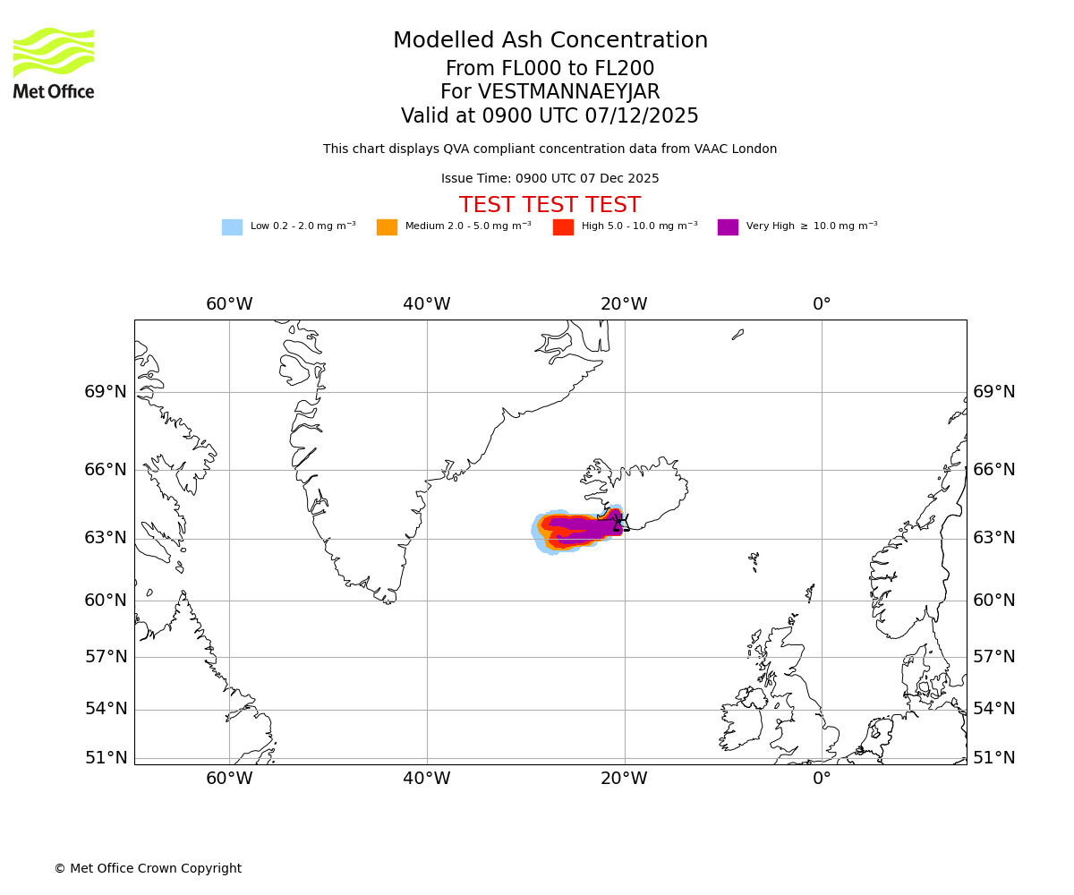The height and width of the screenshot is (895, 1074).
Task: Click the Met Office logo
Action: pos(54,63)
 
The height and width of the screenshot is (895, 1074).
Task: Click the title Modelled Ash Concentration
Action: pos(550,41)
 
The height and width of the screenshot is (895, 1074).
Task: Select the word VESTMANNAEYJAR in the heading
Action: pos(568,92)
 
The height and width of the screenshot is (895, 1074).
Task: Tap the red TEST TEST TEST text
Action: pos(550,205)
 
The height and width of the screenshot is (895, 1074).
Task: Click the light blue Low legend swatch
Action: pos(232,227)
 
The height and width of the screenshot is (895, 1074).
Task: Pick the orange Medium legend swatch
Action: pos(387,227)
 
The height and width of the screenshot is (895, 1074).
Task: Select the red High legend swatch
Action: pos(563,227)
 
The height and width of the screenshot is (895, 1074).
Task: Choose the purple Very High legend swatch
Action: pos(728,227)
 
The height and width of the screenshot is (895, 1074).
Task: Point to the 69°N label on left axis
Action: pos(106,392)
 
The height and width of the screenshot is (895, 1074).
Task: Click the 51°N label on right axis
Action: pos(993,758)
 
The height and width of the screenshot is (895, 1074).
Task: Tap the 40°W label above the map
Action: pos(426,304)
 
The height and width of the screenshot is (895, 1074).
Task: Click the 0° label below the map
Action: pos(822,779)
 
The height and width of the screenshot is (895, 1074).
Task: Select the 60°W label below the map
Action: pos(229,779)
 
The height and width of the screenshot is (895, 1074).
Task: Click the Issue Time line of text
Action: pos(550,179)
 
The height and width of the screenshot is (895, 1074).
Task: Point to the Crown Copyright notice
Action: pos(148,869)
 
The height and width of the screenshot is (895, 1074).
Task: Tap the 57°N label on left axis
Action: pos(106,657)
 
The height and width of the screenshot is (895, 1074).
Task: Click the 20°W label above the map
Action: pos(624,304)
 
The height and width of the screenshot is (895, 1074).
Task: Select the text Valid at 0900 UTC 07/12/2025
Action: pos(550,116)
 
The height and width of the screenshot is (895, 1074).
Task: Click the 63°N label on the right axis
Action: pos(993,538)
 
